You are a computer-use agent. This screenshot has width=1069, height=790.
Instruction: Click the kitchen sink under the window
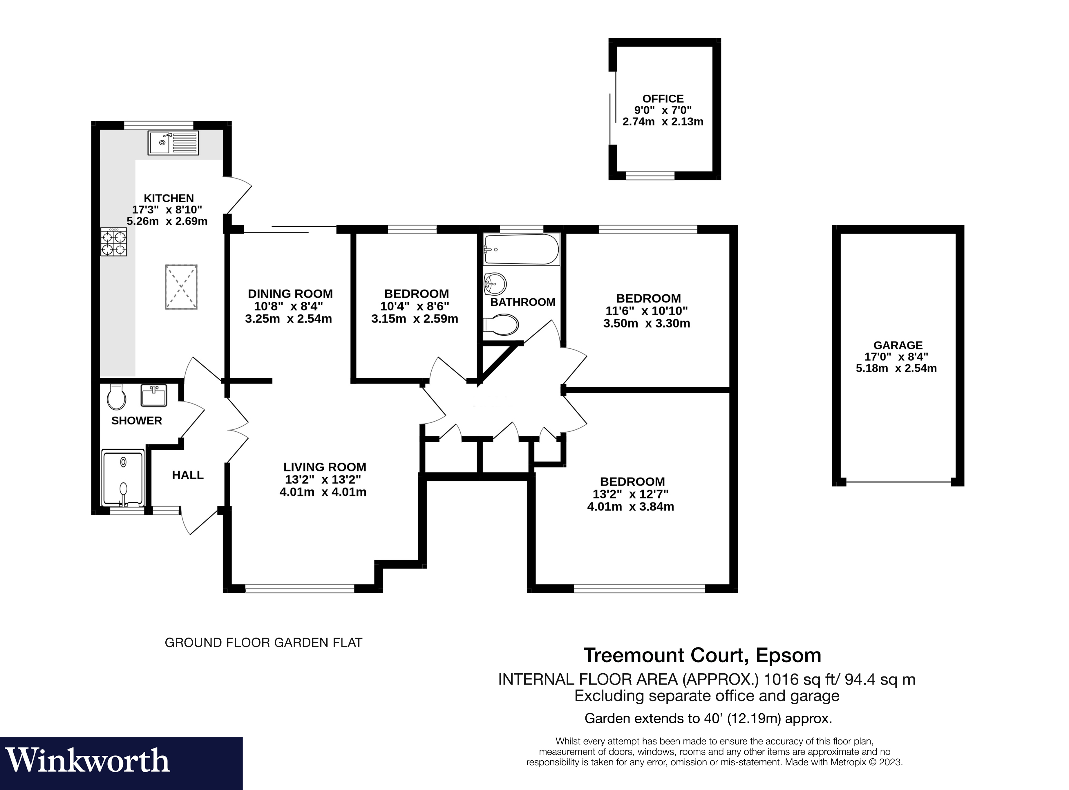tap(173, 143)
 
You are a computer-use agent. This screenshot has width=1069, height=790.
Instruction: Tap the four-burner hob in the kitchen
tap(114, 242)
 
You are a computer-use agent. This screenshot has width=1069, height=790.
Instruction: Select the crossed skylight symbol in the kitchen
tap(181, 287)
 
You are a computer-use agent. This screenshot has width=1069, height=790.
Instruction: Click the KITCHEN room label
tap(169, 198)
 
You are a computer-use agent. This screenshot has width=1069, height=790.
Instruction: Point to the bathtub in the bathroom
tap(521, 249)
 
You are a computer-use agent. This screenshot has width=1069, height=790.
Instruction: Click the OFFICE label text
tap(663, 98)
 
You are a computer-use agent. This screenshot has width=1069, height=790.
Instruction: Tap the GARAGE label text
tap(898, 345)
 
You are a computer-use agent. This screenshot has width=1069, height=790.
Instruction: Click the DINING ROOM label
tap(290, 294)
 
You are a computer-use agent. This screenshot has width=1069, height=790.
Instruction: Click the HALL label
tap(188, 475)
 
